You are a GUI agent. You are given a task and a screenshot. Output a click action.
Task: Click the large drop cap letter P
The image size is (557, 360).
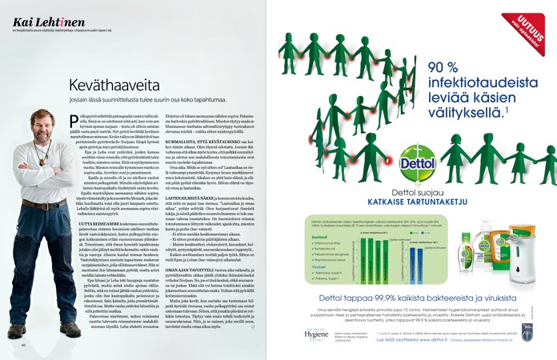73,120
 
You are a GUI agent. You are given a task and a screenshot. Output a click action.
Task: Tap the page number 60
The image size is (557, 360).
24,345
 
